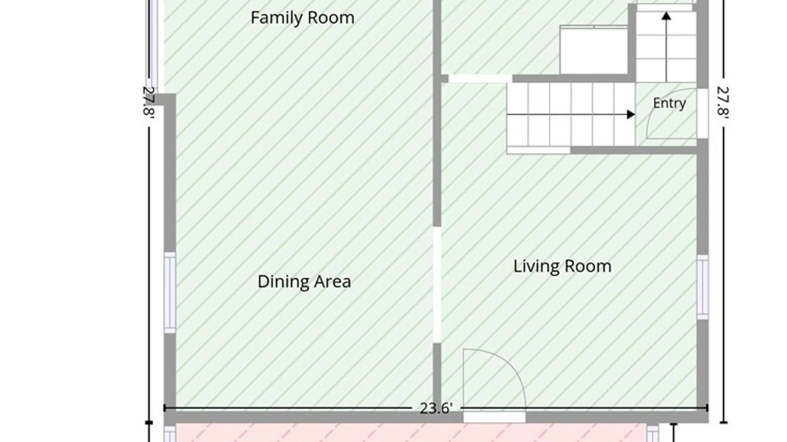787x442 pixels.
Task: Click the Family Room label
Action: click(303, 18)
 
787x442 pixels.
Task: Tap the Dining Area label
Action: click(304, 282)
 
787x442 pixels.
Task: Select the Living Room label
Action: click(562, 266)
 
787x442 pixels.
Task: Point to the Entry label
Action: click(669, 103)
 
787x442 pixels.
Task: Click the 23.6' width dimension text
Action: click(436, 408)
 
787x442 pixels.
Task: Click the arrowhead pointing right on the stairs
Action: click(631, 115)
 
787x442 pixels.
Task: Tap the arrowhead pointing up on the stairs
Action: click(666, 16)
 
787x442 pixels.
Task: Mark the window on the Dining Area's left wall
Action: click(170, 293)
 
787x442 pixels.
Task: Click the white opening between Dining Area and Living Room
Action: click(437, 285)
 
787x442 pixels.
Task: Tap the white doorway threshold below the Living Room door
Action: click(494, 417)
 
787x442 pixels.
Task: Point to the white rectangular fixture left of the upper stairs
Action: click(594, 50)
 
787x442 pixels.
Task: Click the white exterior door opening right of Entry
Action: click(703, 113)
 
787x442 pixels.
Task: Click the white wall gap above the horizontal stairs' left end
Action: click(480, 79)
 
